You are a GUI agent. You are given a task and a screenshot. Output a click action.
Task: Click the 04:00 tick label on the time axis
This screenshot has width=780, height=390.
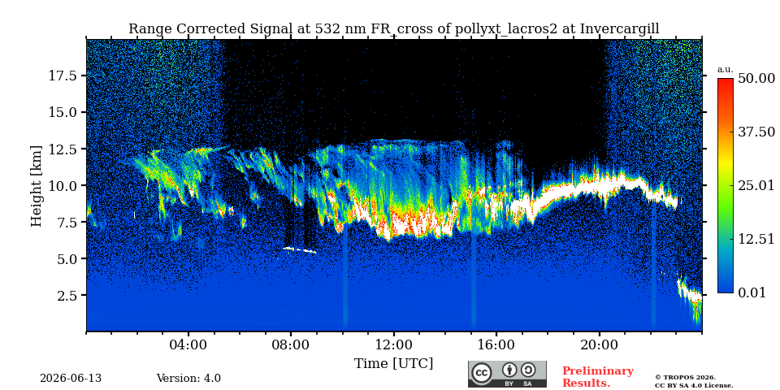pos(189,344)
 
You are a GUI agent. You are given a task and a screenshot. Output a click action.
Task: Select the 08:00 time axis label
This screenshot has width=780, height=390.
pos(292,344)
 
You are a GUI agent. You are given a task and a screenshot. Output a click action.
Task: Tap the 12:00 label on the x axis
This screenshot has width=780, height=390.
pos(394,344)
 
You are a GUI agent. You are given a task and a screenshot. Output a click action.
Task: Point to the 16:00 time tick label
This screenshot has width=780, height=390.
pos(496,344)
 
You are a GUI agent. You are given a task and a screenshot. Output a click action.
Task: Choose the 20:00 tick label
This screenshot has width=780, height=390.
pos(599,344)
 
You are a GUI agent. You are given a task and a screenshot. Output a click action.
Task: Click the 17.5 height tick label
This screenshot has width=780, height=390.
pos(62,76)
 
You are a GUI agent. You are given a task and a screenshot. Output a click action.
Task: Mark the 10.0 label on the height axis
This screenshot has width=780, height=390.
pos(62,185)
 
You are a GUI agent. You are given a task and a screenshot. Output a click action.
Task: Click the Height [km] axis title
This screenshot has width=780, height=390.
pos(37,186)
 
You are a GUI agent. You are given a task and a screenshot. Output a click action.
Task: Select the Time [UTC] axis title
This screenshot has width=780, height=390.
pos(393,364)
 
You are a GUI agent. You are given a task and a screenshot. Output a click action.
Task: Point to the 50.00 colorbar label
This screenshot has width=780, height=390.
pos(756,79)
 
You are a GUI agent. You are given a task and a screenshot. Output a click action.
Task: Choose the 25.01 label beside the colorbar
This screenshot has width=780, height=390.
pos(756,185)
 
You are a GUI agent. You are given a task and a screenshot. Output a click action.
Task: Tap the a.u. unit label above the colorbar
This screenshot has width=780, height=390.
pos(726,70)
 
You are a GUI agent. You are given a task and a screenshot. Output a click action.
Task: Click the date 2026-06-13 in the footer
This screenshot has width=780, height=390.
pos(71,379)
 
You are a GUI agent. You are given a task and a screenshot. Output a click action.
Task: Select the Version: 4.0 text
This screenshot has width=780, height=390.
pos(188,379)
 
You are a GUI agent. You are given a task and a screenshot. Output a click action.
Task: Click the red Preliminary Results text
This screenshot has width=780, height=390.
pos(598,377)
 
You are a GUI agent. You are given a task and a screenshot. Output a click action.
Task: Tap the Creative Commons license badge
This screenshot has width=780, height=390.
pos(507,374)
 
